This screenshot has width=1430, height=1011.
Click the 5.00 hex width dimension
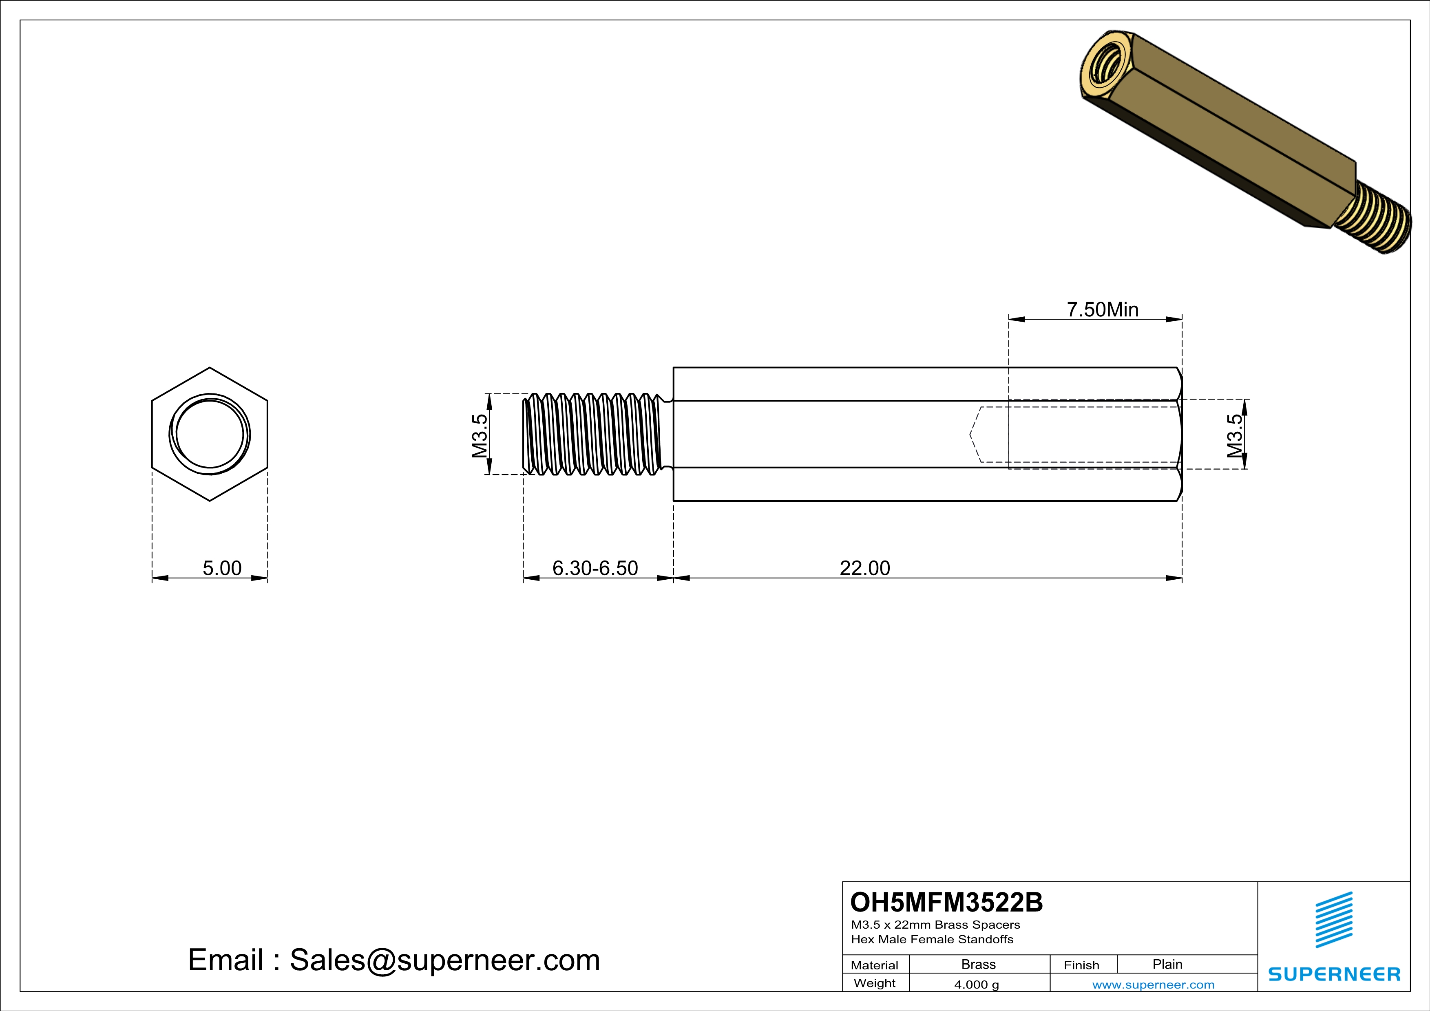pyautogui.click(x=222, y=568)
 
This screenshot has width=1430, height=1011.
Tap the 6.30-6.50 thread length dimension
pyautogui.click(x=595, y=568)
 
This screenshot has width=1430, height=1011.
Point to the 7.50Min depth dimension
pyautogui.click(x=1103, y=309)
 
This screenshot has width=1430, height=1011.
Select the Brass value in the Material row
pyautogui.click(x=979, y=964)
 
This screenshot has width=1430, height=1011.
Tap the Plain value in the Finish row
pyautogui.click(x=1167, y=964)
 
